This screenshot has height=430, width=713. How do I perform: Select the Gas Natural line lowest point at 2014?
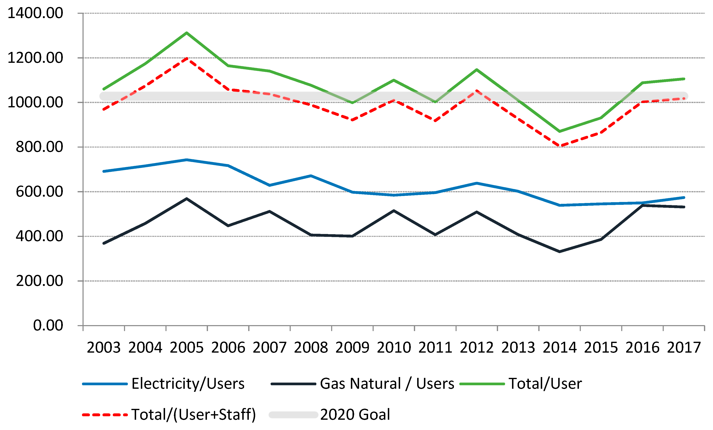(x=560, y=251)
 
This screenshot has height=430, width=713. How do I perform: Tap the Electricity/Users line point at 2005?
(x=187, y=159)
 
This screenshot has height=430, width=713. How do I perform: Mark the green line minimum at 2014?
(x=560, y=131)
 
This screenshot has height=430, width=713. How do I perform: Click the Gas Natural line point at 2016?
(x=642, y=205)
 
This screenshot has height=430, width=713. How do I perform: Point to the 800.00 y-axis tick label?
(x=39, y=147)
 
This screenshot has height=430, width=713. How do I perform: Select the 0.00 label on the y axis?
(x=48, y=326)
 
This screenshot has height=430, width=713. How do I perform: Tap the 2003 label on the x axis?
(x=104, y=347)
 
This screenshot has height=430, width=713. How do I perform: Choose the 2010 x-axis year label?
(x=394, y=347)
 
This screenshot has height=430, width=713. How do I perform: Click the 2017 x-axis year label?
(x=684, y=347)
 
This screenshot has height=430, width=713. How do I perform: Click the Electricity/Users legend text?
(x=188, y=384)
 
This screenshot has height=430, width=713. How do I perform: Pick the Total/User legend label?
(x=545, y=384)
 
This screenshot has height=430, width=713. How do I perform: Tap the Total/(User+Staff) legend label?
(x=194, y=414)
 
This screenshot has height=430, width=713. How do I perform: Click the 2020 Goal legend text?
(x=355, y=414)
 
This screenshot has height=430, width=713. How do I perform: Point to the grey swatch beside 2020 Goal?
(x=293, y=415)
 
